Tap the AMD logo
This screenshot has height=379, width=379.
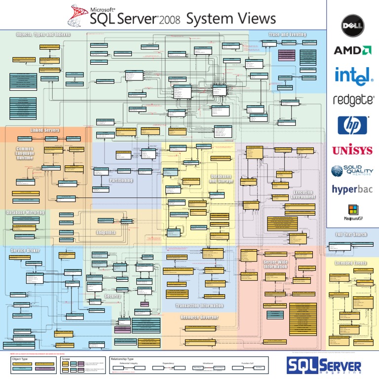point(352,50)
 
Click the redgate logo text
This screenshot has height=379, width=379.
point(352,100)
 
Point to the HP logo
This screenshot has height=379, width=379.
point(352,125)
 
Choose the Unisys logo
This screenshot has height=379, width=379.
point(352,150)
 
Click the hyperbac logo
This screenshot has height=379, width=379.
point(352,189)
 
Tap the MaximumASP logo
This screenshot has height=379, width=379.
point(352,212)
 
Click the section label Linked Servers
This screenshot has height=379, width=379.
point(45,130)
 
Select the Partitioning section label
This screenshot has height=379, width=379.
point(121,181)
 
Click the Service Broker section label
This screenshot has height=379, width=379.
point(25,251)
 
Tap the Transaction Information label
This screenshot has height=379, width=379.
point(199,306)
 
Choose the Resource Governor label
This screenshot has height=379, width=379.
point(199,317)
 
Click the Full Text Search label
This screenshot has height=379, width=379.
point(351,234)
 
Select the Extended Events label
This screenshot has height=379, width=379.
point(351,264)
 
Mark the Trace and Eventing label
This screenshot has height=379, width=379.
point(287,35)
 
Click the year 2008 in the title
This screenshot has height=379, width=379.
point(169,20)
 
